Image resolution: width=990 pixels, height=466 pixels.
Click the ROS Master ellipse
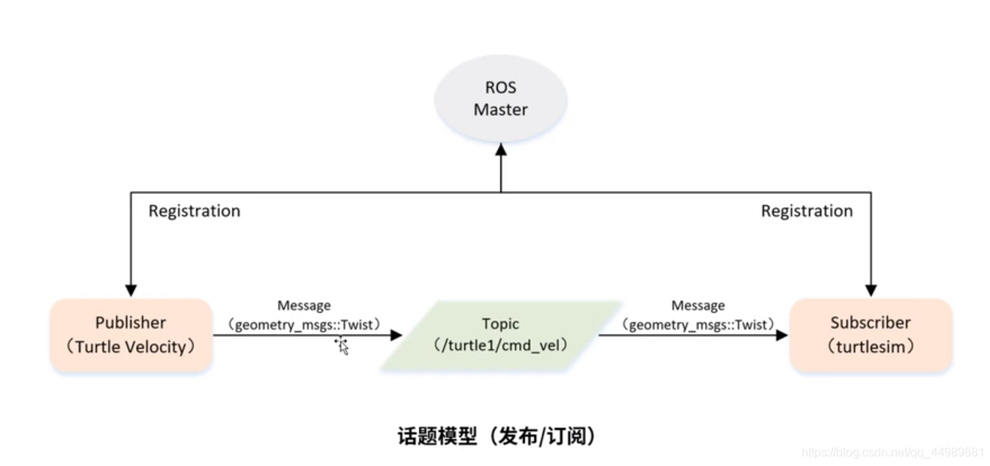(x=500, y=98)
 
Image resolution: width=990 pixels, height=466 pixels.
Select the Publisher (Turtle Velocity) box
(x=131, y=335)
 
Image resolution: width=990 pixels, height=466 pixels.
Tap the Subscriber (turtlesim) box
(x=871, y=335)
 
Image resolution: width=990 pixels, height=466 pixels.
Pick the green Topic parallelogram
(x=500, y=335)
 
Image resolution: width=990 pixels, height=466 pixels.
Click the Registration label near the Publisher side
(x=194, y=211)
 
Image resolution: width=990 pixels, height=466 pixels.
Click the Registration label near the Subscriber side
(x=807, y=211)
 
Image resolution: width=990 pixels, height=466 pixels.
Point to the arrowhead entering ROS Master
(x=501, y=149)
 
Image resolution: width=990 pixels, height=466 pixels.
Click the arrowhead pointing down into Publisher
(x=131, y=290)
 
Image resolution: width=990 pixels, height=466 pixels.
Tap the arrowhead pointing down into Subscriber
(x=871, y=290)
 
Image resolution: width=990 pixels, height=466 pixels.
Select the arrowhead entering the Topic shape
(x=396, y=335)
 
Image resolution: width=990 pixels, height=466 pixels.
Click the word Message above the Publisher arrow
(x=303, y=305)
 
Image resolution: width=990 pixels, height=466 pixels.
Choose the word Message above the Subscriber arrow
(x=698, y=305)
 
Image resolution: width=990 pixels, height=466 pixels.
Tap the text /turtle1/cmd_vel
(x=500, y=345)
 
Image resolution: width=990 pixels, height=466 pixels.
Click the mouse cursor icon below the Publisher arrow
(x=342, y=346)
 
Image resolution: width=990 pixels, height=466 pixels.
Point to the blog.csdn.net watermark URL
(x=892, y=452)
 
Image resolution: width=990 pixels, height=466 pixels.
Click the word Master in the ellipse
(x=500, y=110)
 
